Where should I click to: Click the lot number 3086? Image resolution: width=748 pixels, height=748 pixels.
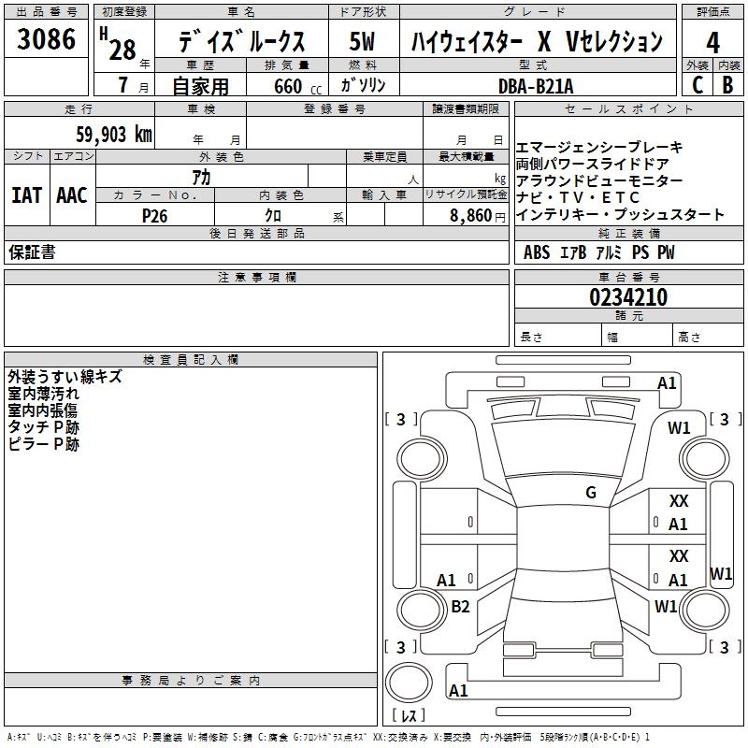[x=47, y=39]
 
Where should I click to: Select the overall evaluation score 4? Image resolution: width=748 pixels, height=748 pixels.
[x=713, y=42]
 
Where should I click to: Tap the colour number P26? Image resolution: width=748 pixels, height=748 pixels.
[x=154, y=215]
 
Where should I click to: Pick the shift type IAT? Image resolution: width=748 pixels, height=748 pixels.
[x=26, y=195]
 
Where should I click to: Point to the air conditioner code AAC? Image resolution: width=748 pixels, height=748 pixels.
[x=71, y=195]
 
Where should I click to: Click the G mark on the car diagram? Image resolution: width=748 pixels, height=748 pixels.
[x=591, y=493]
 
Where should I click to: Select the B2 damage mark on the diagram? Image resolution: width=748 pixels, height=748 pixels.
[x=460, y=607]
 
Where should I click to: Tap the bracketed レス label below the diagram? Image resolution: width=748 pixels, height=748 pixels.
[x=408, y=716]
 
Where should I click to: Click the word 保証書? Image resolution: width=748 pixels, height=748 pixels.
[x=32, y=252]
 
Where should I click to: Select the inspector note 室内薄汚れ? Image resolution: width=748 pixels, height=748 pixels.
[x=44, y=394]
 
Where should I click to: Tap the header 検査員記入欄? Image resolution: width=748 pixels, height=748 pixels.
[x=191, y=359]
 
